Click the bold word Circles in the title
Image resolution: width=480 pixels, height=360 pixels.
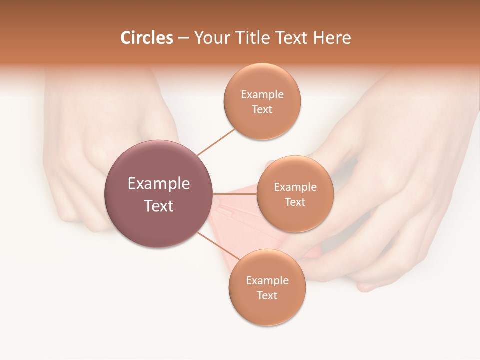click(x=146, y=38)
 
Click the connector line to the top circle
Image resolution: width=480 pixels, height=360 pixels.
click(x=216, y=142)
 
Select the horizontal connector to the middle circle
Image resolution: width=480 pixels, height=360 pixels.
click(x=234, y=194)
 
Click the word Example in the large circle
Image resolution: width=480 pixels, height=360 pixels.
click(x=159, y=184)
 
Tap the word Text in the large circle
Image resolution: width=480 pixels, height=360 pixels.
click(x=159, y=206)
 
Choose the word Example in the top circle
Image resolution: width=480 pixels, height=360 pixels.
click(x=262, y=95)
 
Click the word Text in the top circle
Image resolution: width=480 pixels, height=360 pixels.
click(x=262, y=110)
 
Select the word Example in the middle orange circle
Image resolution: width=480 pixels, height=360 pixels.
click(x=295, y=187)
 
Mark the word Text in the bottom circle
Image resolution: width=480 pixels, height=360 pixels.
click(x=267, y=296)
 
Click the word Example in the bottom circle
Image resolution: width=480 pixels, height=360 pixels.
click(x=267, y=281)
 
